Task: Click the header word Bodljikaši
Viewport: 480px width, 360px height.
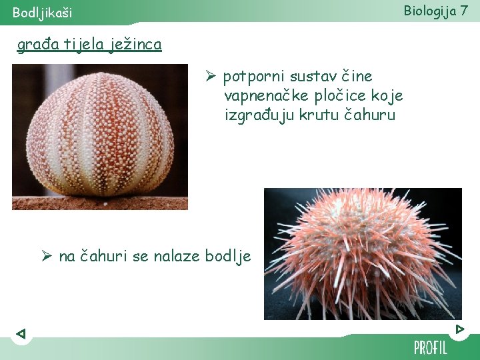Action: [43, 13]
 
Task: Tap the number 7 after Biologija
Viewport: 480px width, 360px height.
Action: [463, 11]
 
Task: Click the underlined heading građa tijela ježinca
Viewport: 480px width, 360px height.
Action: [89, 45]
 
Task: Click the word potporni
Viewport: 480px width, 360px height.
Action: [251, 77]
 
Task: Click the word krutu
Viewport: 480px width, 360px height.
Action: [316, 115]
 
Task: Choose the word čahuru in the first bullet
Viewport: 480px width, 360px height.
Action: [370, 115]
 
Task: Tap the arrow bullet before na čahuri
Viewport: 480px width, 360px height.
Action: [47, 256]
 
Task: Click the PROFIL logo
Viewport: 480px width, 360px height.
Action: [431, 347]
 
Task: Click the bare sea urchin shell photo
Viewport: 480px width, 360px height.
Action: [100, 137]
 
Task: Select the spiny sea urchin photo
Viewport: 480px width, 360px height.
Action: [363, 254]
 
